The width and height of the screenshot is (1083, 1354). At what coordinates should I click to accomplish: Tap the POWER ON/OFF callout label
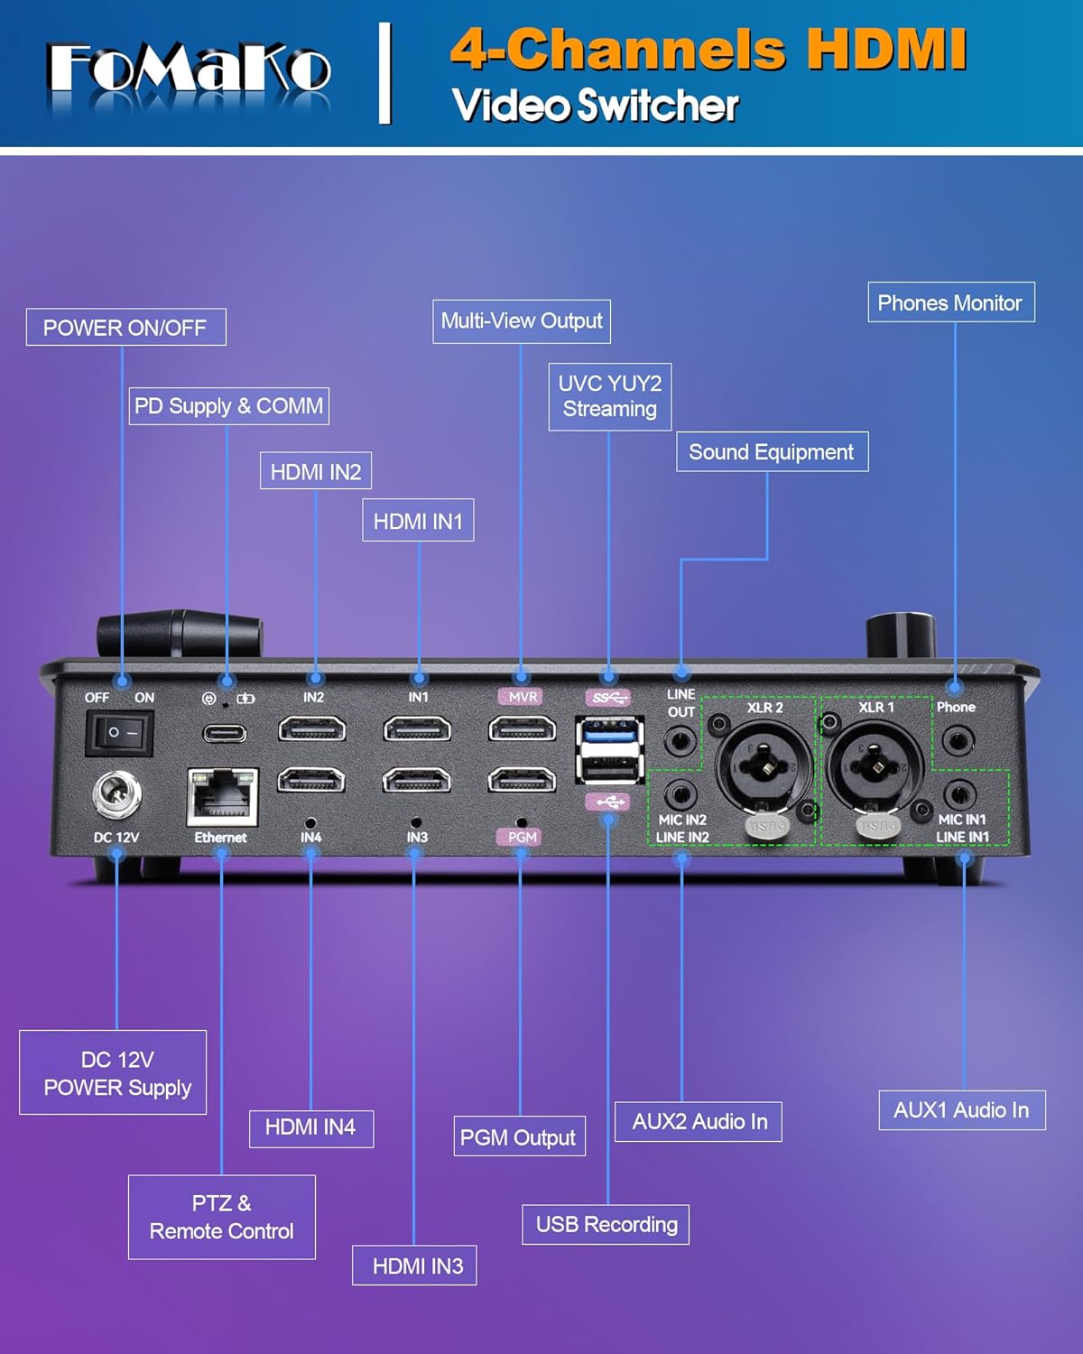point(125,327)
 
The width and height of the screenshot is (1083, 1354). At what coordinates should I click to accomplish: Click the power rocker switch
point(120,732)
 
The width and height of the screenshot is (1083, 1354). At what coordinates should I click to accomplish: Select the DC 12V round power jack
point(116,795)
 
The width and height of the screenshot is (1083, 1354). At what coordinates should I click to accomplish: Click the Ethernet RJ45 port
point(222,795)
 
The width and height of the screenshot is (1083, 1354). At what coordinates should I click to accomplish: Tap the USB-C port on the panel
point(224,733)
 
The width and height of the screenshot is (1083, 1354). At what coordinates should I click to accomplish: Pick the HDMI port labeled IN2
point(312,728)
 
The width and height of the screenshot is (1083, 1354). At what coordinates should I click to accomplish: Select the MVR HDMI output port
point(522,728)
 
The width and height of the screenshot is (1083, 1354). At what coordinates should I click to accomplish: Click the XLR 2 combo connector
point(764,767)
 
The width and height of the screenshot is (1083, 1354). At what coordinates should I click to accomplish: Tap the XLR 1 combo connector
point(875,767)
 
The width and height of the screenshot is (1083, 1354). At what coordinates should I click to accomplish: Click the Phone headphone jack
point(958,742)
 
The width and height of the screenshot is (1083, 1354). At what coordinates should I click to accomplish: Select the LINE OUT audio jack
point(680,742)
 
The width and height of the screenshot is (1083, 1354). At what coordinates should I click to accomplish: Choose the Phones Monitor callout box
point(950,302)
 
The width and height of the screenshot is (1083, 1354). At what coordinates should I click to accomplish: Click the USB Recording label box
point(606,1224)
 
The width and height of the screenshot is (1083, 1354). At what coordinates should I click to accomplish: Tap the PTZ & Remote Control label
point(222,1217)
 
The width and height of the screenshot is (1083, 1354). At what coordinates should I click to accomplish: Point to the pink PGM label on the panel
point(522,837)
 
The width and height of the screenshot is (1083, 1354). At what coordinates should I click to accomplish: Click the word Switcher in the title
point(658,106)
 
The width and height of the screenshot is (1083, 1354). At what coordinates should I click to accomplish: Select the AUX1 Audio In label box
point(961,1110)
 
